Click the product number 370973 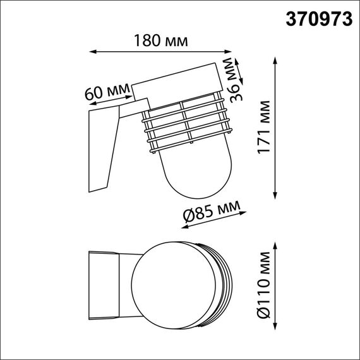pos(320,19)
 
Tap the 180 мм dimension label pos(160,41)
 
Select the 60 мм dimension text pos(106,90)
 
